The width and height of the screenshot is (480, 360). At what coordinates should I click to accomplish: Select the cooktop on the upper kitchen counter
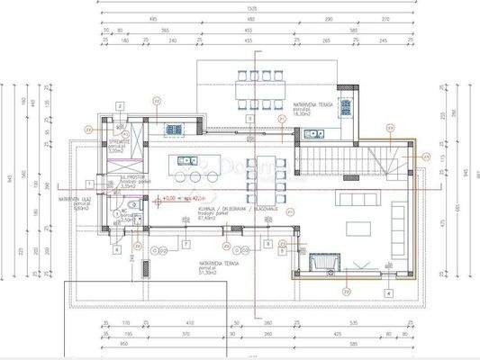[x=175, y=129]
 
